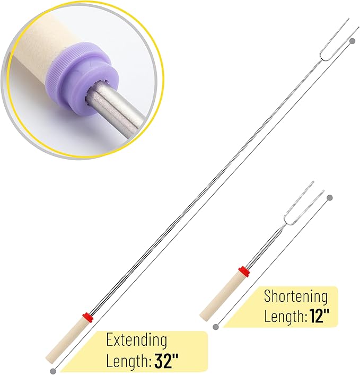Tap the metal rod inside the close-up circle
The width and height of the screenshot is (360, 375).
[115, 112]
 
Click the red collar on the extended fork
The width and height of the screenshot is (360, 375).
[87, 318]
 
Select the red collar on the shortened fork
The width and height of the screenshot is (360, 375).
[244, 272]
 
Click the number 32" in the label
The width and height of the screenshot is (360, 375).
[166, 361]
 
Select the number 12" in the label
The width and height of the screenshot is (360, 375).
[320, 316]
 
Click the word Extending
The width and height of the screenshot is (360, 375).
[136, 339]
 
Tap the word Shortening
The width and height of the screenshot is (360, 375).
[296, 296]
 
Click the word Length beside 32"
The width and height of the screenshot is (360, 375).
[129, 361]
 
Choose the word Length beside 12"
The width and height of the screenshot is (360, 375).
[285, 316]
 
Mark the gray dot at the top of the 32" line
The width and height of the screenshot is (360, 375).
[352, 41]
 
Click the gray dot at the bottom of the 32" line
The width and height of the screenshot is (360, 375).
[54, 371]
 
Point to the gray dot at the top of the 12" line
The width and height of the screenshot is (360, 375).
[330, 198]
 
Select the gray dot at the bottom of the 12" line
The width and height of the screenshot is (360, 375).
[216, 327]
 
